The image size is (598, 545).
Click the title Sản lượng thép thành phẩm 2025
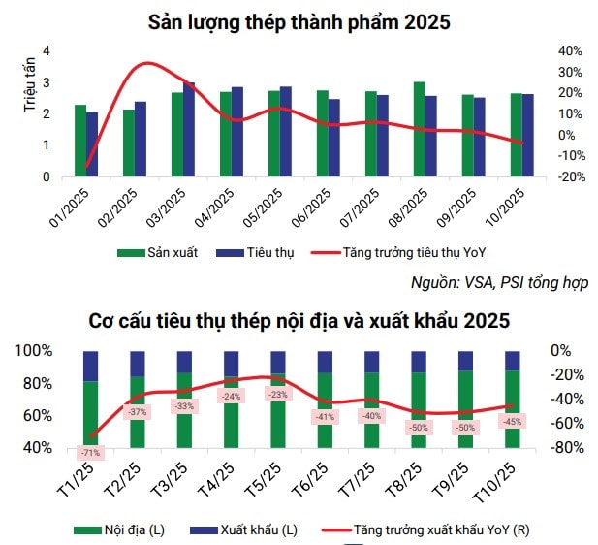tap(299, 21)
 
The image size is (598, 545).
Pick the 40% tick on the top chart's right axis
tap(570, 50)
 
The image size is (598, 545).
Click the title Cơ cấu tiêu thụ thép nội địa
tap(299, 320)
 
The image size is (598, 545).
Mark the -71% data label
tap(89, 453)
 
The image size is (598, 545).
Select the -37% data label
tap(136, 412)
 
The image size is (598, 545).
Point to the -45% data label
tap(511, 422)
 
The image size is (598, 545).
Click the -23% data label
tap(277, 395)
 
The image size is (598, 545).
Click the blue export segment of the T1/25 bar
tap(90, 366)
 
